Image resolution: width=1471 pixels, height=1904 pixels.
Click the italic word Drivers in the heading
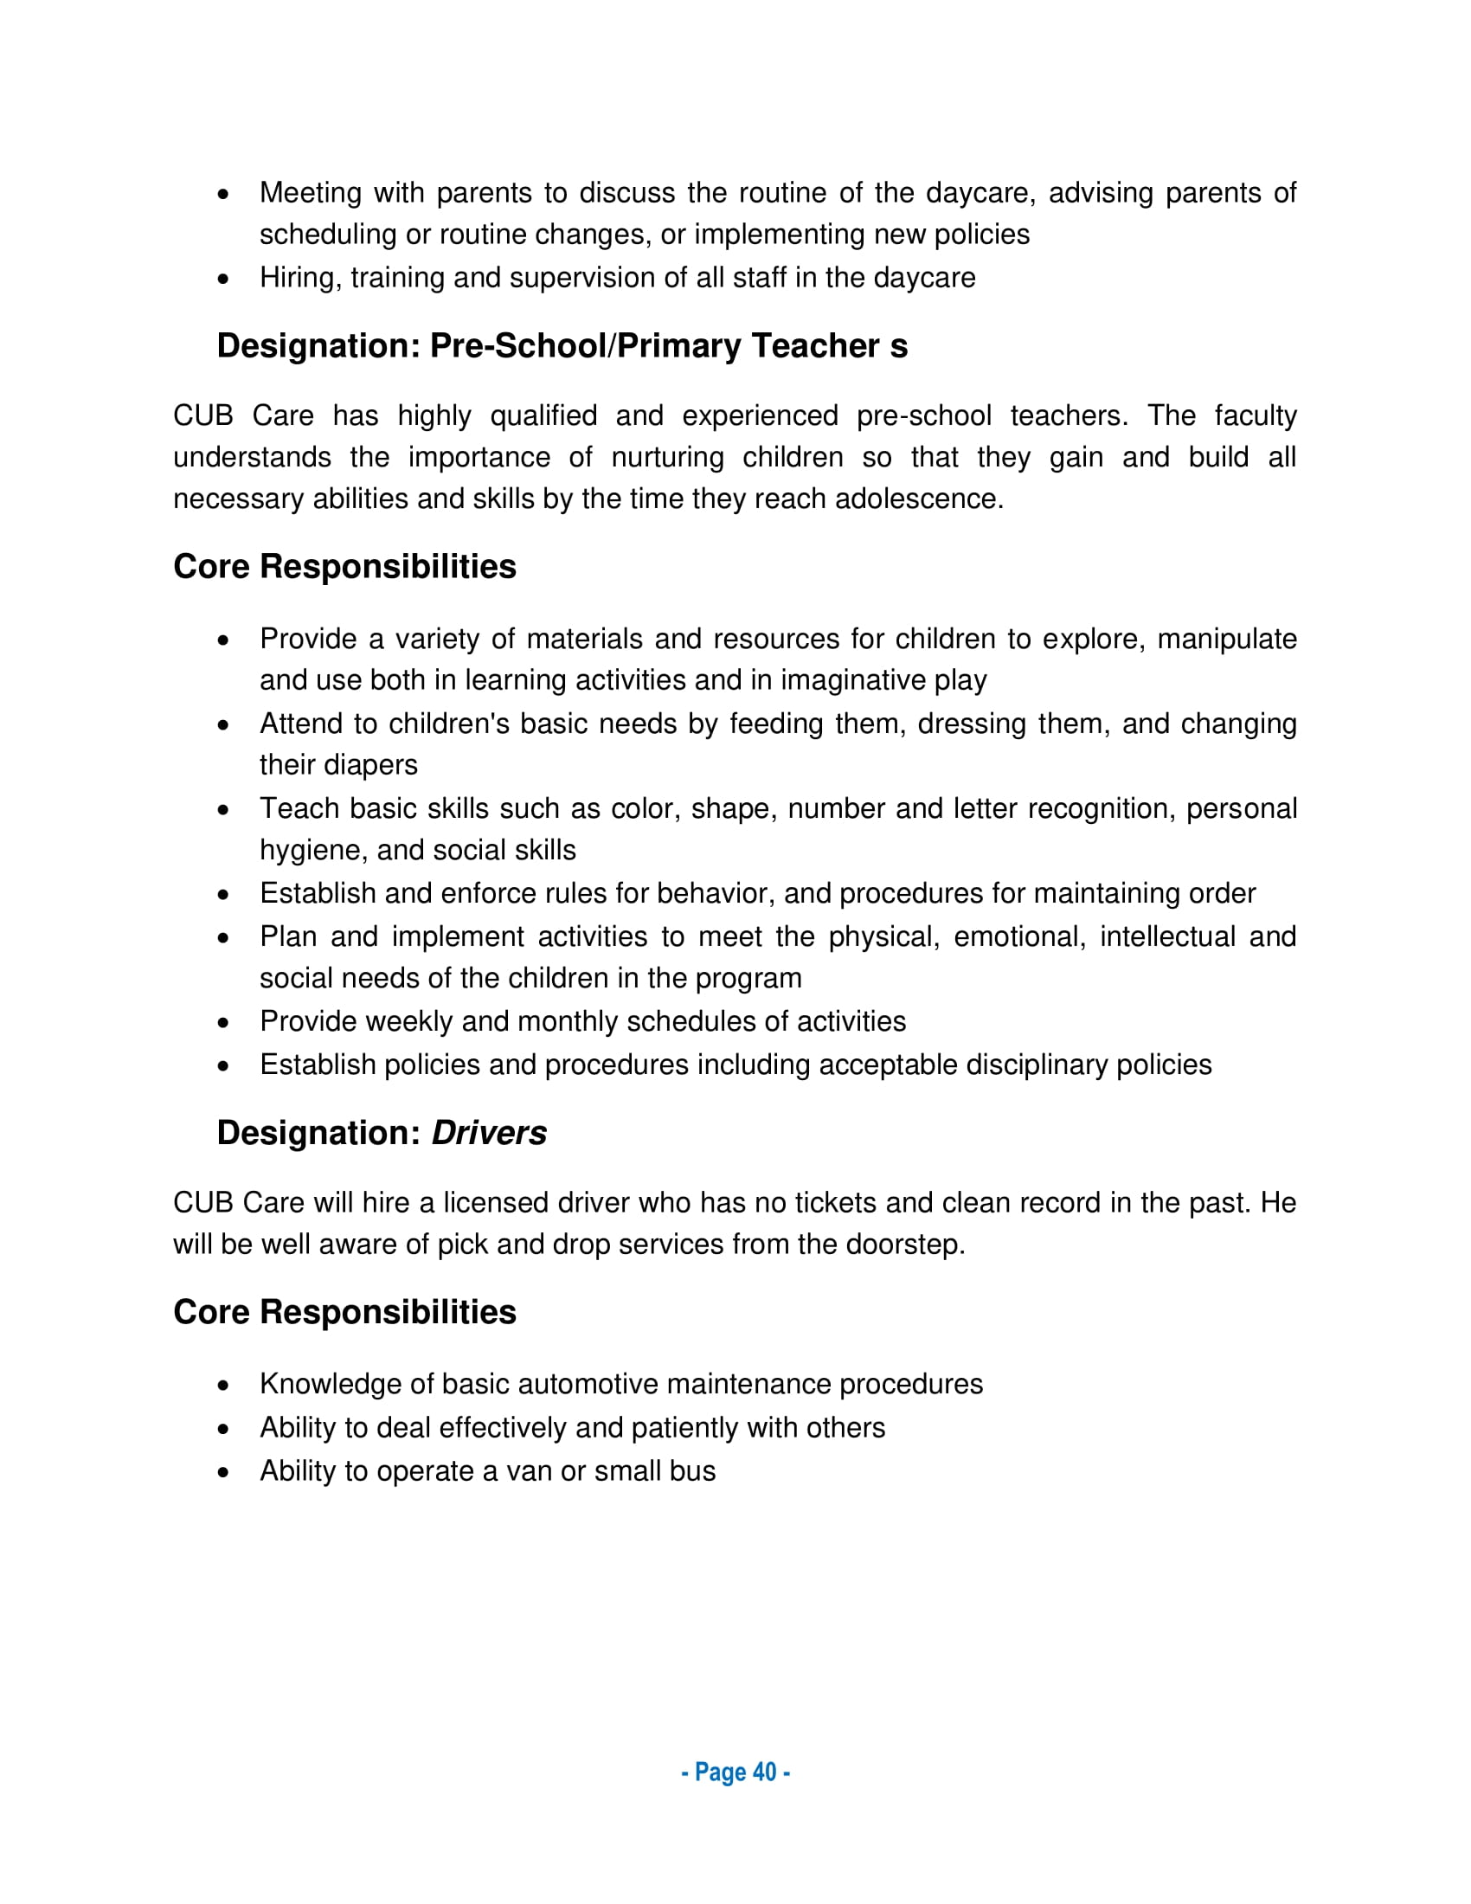489,1133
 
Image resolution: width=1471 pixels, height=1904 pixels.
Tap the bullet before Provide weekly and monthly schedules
224,1022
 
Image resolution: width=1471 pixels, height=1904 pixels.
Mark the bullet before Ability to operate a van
224,1471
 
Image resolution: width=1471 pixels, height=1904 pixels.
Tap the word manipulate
1227,639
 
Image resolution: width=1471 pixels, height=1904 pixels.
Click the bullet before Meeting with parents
224,194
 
